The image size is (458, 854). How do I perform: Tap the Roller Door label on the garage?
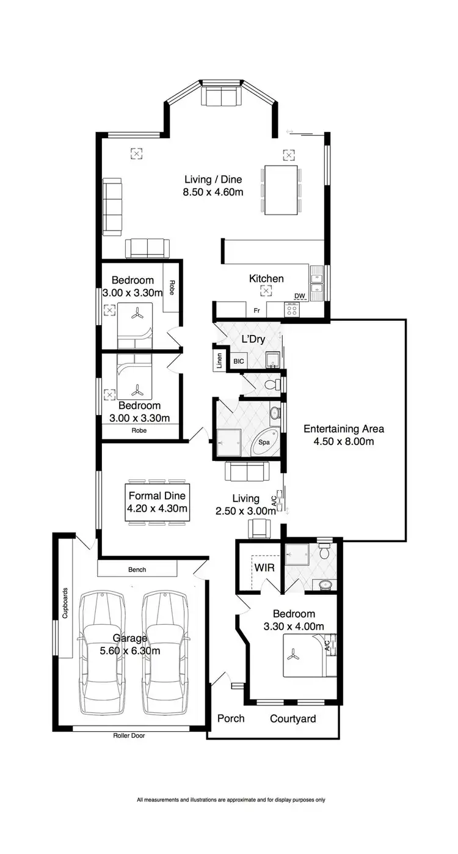click(129, 735)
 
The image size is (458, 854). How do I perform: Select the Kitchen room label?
click(266, 279)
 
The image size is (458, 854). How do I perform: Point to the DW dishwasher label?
click(299, 296)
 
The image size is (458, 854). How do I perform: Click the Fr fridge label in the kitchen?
click(257, 311)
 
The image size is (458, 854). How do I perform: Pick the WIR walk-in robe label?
click(264, 568)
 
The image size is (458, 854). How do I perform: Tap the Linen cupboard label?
click(218, 361)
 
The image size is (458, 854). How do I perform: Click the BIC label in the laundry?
click(238, 362)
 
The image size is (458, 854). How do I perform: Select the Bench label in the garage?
click(137, 570)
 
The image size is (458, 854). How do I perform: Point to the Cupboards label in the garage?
click(65, 603)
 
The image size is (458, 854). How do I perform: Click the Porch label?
click(231, 718)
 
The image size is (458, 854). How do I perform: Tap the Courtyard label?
click(293, 719)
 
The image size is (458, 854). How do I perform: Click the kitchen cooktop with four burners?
click(293, 310)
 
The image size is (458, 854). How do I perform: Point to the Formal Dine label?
click(157, 496)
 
